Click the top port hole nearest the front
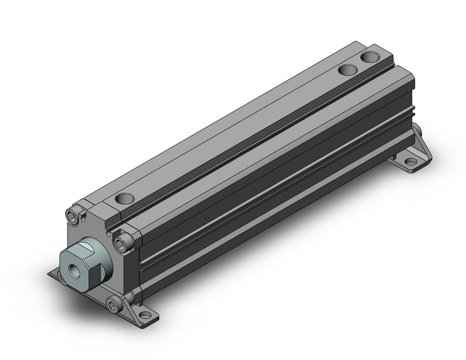[x=124, y=199]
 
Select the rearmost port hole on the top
[x=370, y=58]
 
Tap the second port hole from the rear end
[x=348, y=70]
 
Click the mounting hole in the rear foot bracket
[x=410, y=161]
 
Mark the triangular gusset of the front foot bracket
[x=131, y=300]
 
